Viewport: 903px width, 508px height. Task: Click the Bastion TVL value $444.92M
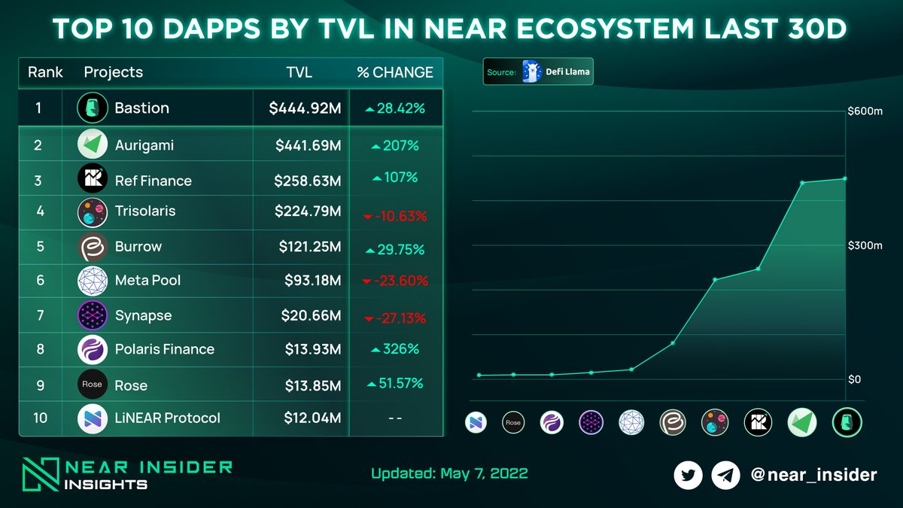click(x=305, y=108)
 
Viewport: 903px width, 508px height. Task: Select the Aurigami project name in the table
click(x=144, y=145)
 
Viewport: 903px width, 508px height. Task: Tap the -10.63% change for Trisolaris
click(x=395, y=217)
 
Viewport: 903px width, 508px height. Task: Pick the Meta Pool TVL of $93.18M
click(x=312, y=281)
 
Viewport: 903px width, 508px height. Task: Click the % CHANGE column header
click(x=395, y=72)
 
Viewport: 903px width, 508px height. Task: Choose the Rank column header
click(x=45, y=72)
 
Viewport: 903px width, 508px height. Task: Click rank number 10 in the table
click(x=40, y=418)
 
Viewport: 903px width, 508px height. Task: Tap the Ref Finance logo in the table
click(x=92, y=179)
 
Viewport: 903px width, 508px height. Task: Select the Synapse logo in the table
click(x=92, y=315)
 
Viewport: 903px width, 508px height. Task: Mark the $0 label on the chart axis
click(x=854, y=379)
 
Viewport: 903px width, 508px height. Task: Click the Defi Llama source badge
click(x=538, y=72)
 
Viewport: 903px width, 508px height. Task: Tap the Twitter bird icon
click(x=688, y=475)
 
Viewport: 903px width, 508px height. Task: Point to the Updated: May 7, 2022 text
click(x=449, y=473)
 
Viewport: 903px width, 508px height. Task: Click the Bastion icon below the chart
click(x=846, y=423)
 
